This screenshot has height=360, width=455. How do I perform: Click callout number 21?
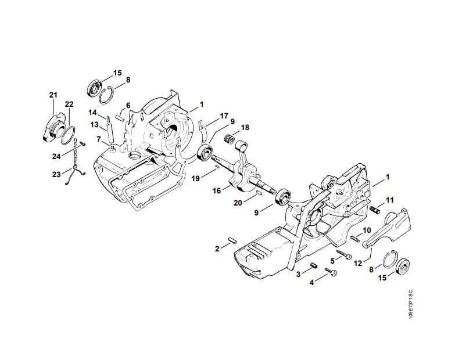[x=53, y=95]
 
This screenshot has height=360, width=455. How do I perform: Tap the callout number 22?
[x=69, y=104]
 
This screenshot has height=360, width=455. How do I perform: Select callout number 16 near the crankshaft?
[x=217, y=190]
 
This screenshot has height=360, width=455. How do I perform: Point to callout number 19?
[x=196, y=178]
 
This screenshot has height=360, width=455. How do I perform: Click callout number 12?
[x=358, y=263]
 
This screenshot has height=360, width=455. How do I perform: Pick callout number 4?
[x=311, y=282]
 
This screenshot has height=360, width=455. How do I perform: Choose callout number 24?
[x=56, y=156]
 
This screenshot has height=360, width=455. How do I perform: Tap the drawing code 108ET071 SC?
[x=410, y=304]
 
